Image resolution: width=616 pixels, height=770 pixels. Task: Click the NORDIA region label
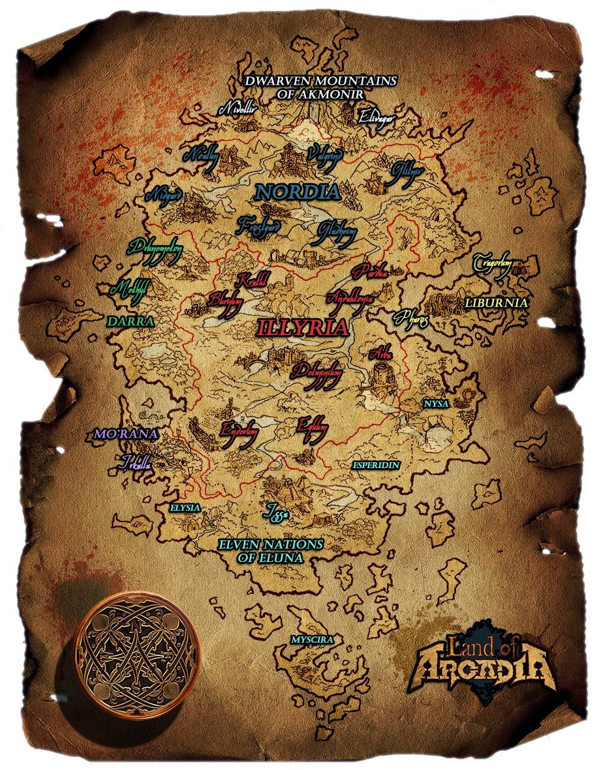coord(298,192)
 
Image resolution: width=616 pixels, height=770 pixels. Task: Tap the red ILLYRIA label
coord(303,327)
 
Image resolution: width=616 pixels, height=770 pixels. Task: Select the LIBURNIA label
coord(496,303)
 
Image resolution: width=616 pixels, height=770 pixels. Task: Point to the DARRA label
coord(131,321)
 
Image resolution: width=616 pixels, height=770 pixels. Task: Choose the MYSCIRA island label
coord(313,640)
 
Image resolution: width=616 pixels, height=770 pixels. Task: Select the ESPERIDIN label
coord(376,466)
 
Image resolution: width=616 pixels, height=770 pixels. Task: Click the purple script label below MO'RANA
coord(136,464)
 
